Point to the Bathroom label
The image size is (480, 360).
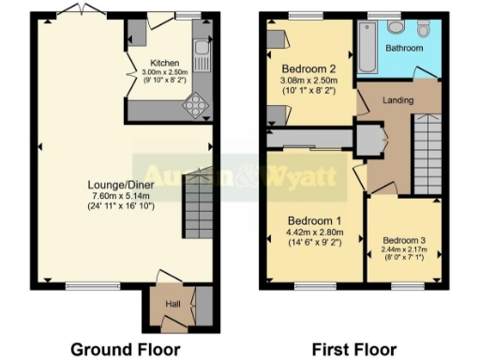click(x=405, y=48)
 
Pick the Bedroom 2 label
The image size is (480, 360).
click(x=308, y=68)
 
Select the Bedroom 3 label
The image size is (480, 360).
click(x=404, y=239)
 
